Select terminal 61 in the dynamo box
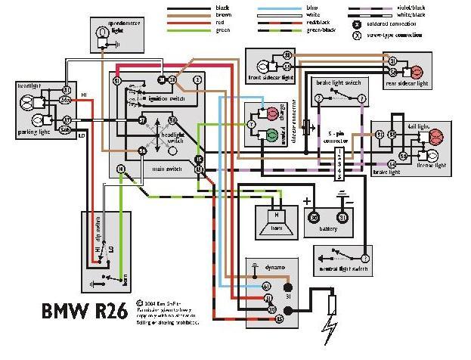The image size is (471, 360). tap(266, 287)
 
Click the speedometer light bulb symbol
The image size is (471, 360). tap(103, 32)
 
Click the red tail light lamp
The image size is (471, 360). tap(435, 136)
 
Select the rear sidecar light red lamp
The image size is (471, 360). tap(415, 73)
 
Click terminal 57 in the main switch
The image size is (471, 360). tap(141, 119)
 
